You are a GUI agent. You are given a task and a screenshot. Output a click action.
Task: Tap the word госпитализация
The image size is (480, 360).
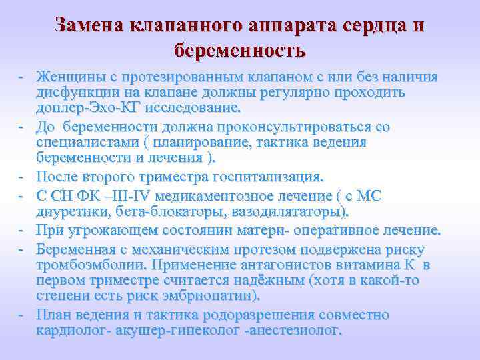[x=266, y=177]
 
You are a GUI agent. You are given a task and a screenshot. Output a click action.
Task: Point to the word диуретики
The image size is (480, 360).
[x=69, y=211]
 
